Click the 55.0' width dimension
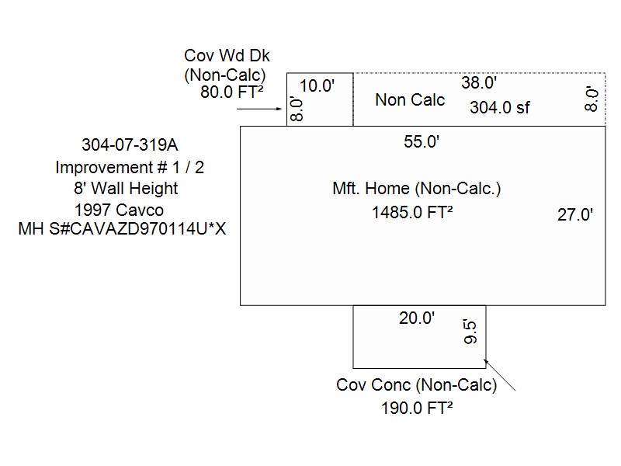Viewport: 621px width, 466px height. tap(422, 141)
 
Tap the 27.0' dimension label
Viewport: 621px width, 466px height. tap(575, 215)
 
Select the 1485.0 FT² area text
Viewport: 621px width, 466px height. tap(412, 213)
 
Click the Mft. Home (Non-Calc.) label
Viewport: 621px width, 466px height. tap(417, 189)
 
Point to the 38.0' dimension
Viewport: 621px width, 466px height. tap(479, 82)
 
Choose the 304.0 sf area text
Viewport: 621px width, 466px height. tap(499, 108)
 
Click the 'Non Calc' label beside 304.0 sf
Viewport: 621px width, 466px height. tap(410, 99)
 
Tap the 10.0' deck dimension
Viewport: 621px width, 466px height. tap(317, 85)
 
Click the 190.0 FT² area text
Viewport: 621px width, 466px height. tap(417, 409)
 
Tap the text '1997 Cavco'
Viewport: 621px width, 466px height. tap(119, 210)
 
